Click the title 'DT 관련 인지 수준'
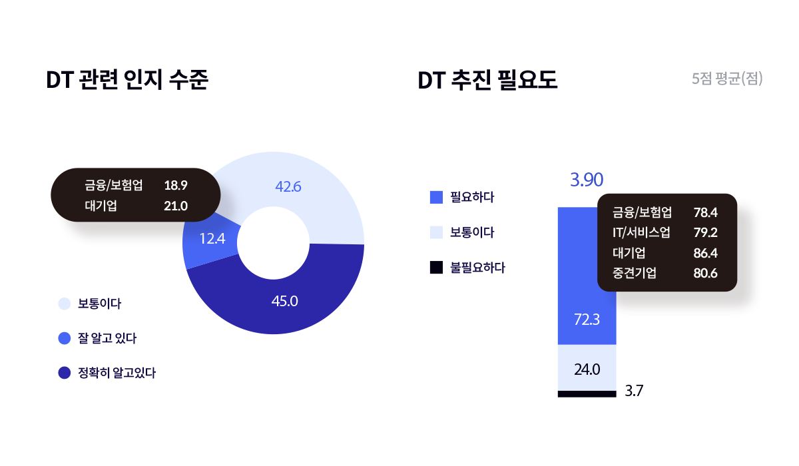click(127, 81)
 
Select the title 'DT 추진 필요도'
click(487, 81)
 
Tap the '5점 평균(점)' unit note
click(727, 79)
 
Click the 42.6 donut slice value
click(288, 187)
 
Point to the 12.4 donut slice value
click(212, 237)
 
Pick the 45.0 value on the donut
click(284, 301)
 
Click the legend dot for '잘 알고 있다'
click(65, 338)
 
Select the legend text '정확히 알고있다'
click(117, 373)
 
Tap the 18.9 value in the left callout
click(176, 185)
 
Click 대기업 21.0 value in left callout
click(176, 206)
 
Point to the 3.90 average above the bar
click(587, 180)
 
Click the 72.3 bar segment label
click(587, 320)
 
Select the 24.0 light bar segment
click(587, 369)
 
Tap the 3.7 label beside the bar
click(634, 391)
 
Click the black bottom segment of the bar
click(587, 394)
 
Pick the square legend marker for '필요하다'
click(437, 197)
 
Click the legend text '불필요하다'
click(477, 268)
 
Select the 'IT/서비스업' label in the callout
click(641, 233)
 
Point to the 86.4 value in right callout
click(705, 253)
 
